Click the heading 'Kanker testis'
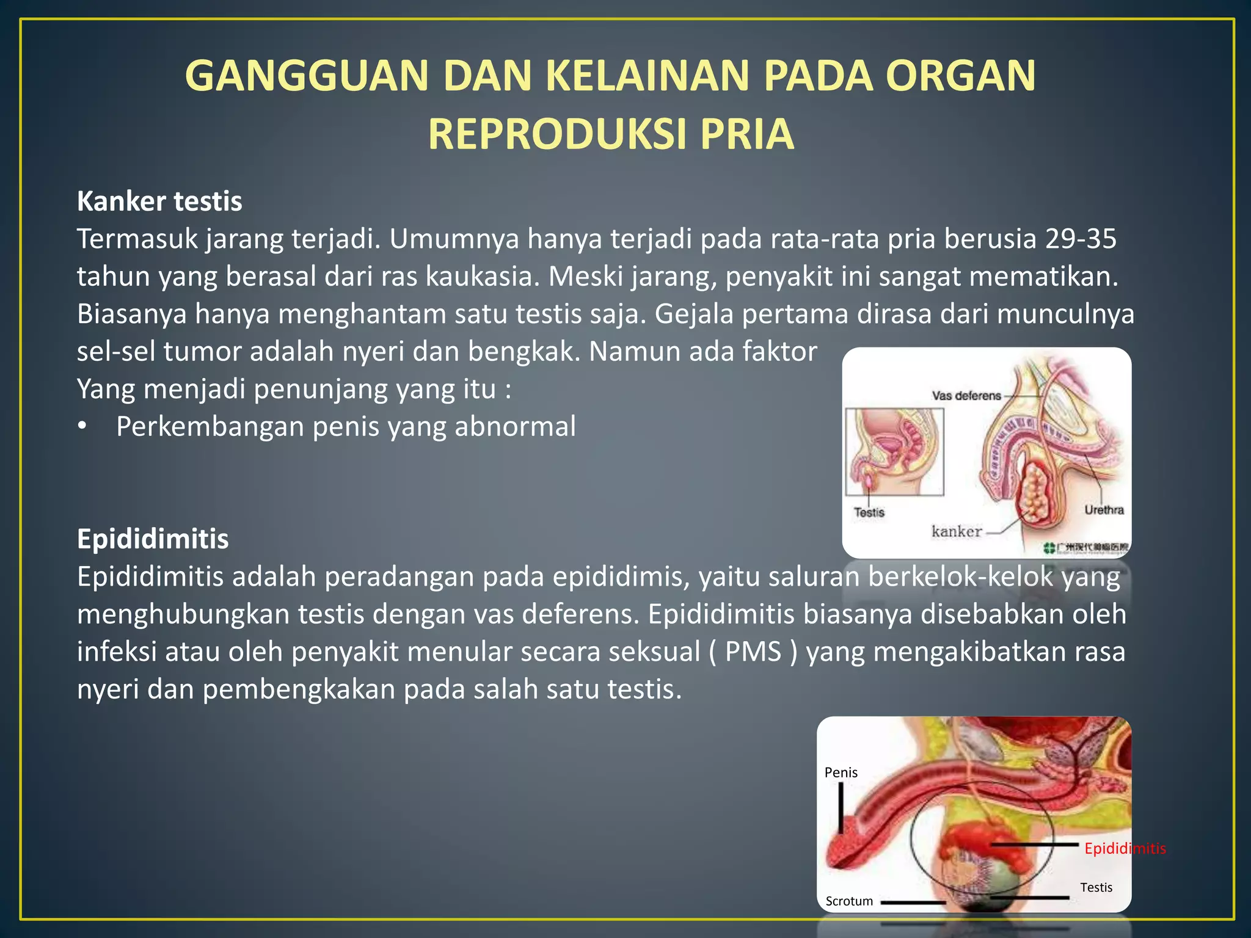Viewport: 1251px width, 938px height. pyautogui.click(x=159, y=202)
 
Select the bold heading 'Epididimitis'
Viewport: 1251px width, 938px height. pyautogui.click(x=153, y=539)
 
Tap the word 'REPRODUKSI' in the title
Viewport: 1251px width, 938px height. pyautogui.click(x=557, y=134)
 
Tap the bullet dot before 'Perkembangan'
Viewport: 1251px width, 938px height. pyautogui.click(x=82, y=427)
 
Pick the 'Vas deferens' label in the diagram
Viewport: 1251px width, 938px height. pyautogui.click(x=966, y=396)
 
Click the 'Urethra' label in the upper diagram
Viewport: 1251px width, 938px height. pyautogui.click(x=1104, y=510)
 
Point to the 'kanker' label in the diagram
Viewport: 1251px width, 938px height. pyautogui.click(x=957, y=531)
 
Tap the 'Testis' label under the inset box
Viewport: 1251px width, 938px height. pyautogui.click(x=869, y=512)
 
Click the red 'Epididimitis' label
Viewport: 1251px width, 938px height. pyautogui.click(x=1125, y=848)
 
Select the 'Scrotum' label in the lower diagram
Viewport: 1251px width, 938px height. pyautogui.click(x=849, y=901)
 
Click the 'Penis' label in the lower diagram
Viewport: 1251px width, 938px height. pyautogui.click(x=841, y=773)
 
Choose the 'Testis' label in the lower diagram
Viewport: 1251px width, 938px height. pyautogui.click(x=1096, y=887)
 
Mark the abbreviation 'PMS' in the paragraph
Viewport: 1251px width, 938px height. pyautogui.click(x=753, y=652)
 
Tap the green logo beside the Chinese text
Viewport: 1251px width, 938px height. pyautogui.click(x=1049, y=547)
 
